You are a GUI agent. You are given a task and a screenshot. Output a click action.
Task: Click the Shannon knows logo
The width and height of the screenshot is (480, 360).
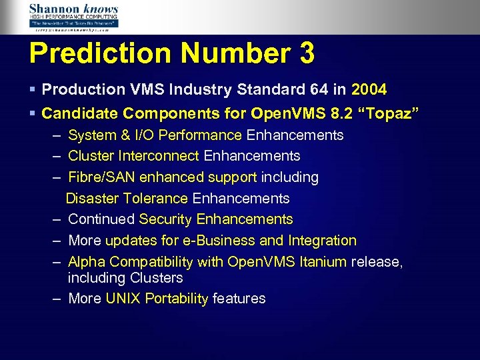tap(73, 17)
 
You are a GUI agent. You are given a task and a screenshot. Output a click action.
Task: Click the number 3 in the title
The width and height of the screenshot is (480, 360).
tap(307, 54)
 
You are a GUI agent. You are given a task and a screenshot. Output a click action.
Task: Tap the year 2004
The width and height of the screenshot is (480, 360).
tap(369, 89)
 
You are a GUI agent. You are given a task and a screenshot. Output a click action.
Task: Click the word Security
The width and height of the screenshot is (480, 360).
tap(165, 219)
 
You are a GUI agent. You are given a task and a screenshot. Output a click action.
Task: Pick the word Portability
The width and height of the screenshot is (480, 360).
tap(175, 299)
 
